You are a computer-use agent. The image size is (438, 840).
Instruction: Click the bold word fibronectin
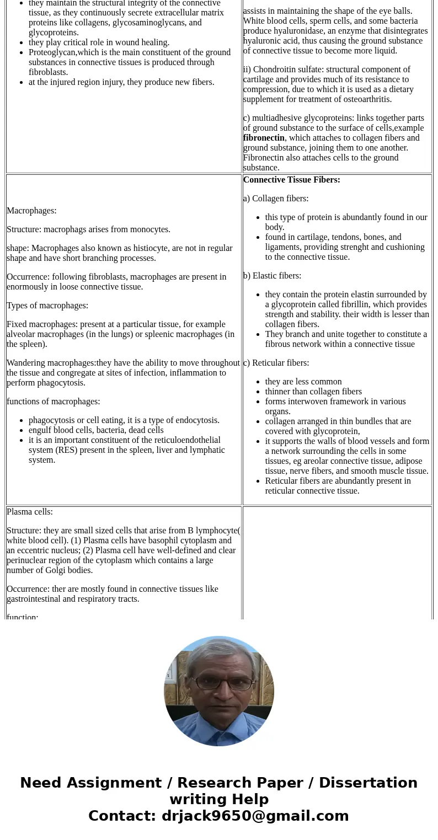click(x=264, y=138)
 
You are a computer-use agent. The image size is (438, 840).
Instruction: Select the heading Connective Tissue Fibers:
click(x=291, y=180)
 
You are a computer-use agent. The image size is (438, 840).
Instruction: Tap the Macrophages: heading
click(x=31, y=211)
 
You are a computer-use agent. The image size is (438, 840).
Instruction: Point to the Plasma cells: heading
click(x=30, y=512)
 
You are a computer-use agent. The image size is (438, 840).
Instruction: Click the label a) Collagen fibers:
click(x=276, y=199)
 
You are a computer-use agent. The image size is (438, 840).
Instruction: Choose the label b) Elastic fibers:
click(x=272, y=276)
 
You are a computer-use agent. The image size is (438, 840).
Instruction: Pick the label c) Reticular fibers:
click(x=276, y=363)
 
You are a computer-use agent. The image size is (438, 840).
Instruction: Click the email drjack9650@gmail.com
click(x=255, y=816)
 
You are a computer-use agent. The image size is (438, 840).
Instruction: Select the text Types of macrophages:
click(x=47, y=306)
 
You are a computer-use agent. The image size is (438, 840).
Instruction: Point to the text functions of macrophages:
click(x=54, y=402)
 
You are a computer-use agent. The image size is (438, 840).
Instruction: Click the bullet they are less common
click(x=303, y=382)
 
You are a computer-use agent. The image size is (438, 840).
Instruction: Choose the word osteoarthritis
click(x=364, y=99)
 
